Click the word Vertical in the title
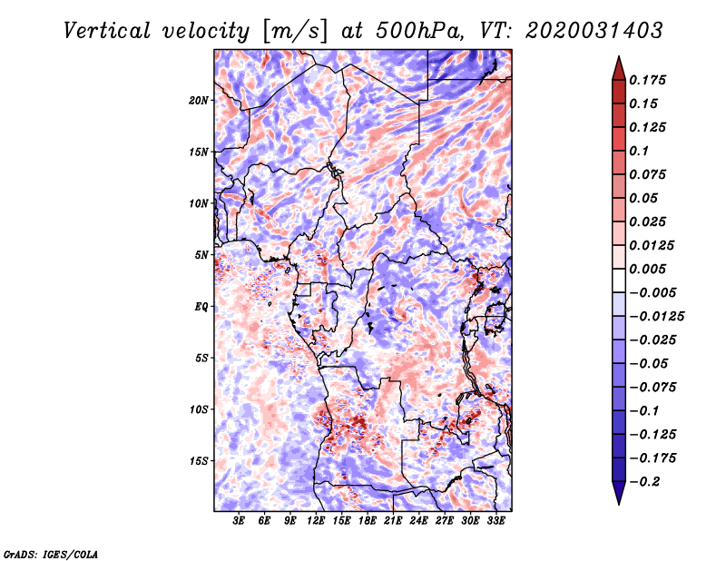tap(107, 31)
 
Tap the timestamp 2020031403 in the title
tap(594, 31)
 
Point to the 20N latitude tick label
tap(199, 101)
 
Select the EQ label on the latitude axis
tap(201, 307)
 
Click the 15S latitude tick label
tap(199, 461)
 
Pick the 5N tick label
tap(201, 255)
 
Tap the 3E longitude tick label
tap(239, 521)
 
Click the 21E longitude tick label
tap(393, 521)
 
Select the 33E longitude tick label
tap(495, 521)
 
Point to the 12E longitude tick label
tap(316, 521)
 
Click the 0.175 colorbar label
tap(648, 80)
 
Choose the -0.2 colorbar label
tap(644, 482)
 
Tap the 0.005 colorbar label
tap(648, 269)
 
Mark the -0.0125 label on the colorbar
tap(656, 317)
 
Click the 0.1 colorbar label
tap(639, 151)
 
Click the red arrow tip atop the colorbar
tap(619, 56)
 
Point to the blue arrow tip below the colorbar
tap(619, 504)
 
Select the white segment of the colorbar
tap(619, 280)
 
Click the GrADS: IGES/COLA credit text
tap(51, 555)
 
